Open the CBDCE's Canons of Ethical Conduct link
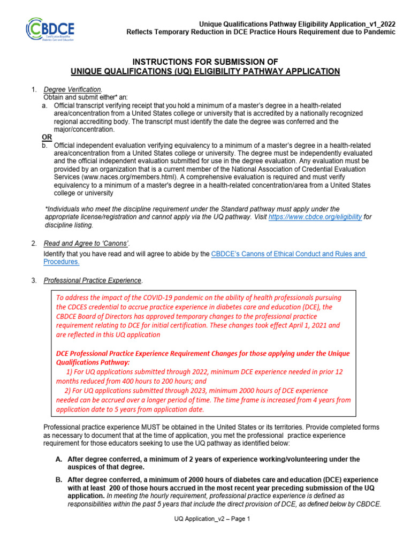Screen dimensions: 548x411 pos(288,254)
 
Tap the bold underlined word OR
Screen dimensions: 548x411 pos(47,138)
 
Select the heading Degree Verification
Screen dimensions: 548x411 pos(72,89)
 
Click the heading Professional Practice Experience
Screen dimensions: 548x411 pos(93,280)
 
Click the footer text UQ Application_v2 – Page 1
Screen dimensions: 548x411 pos(212,519)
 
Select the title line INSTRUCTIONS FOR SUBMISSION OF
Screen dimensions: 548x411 pos(205,62)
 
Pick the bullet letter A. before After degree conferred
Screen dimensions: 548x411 pos(58,459)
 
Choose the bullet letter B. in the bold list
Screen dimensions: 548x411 pos(58,479)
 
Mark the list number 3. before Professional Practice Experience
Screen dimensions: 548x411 pos(34,280)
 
